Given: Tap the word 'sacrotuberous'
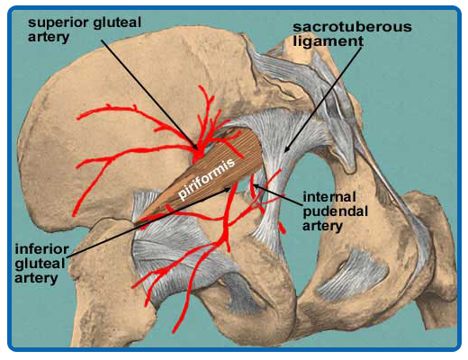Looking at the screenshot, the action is pyautogui.click(x=352, y=27).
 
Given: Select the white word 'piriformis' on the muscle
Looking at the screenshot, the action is pyautogui.click(x=206, y=179).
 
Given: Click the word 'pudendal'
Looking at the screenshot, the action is pyautogui.click(x=335, y=212).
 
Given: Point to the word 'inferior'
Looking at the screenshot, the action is pyautogui.click(x=42, y=249).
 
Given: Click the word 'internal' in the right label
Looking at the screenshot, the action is pyautogui.click(x=329, y=197).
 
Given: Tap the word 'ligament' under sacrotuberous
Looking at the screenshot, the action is pyautogui.click(x=328, y=41).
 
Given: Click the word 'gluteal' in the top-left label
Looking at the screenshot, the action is pyautogui.click(x=117, y=22).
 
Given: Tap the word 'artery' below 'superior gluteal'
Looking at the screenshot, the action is pyautogui.click(x=49, y=38).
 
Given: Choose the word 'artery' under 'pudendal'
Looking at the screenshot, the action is pyautogui.click(x=322, y=227).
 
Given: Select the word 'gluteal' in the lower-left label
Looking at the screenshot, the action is pyautogui.click(x=40, y=264).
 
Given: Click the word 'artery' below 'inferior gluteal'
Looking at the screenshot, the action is pyautogui.click(x=36, y=278).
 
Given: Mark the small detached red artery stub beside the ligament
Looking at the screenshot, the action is pyautogui.click(x=283, y=228).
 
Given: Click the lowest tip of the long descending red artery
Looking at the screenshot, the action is pyautogui.click(x=174, y=332).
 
